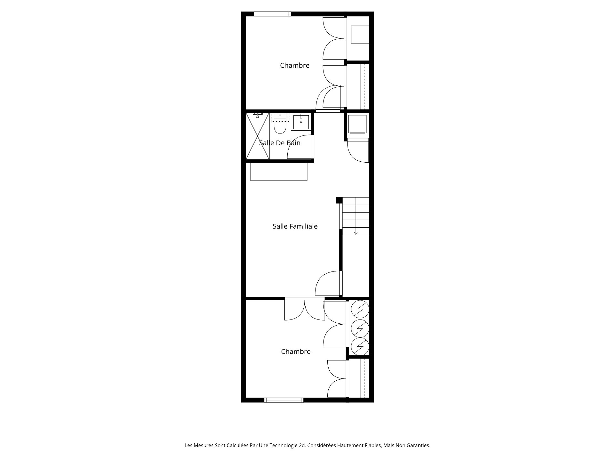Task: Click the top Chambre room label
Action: tap(295, 65)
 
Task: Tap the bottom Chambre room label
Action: tap(296, 352)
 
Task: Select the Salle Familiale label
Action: tap(295, 226)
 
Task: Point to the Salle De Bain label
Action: tap(280, 143)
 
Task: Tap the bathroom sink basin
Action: tap(301, 122)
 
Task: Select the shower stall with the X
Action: tap(257, 136)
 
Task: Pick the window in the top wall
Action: tap(272, 14)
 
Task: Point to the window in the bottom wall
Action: tap(284, 400)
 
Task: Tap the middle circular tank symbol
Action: tap(360, 328)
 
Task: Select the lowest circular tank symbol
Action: tap(360, 346)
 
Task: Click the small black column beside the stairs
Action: tap(339, 200)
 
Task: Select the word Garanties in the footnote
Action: tap(418, 445)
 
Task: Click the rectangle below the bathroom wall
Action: tap(279, 172)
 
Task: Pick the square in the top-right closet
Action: tap(360, 35)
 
